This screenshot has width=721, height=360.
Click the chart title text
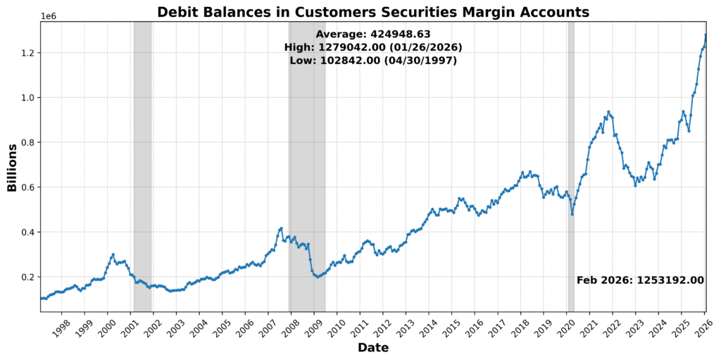click(x=372, y=12)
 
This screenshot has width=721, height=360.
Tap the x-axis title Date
click(x=372, y=347)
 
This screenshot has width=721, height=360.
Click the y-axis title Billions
click(x=12, y=167)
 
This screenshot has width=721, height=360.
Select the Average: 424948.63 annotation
click(x=372, y=34)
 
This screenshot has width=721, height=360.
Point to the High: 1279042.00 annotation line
click(x=372, y=47)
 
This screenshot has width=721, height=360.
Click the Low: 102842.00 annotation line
click(x=372, y=61)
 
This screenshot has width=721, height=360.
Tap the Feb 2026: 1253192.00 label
click(x=640, y=280)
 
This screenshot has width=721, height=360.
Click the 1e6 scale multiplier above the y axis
click(x=49, y=15)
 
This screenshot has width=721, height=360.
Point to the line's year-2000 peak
click(x=113, y=254)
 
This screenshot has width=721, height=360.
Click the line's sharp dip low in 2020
click(x=572, y=213)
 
